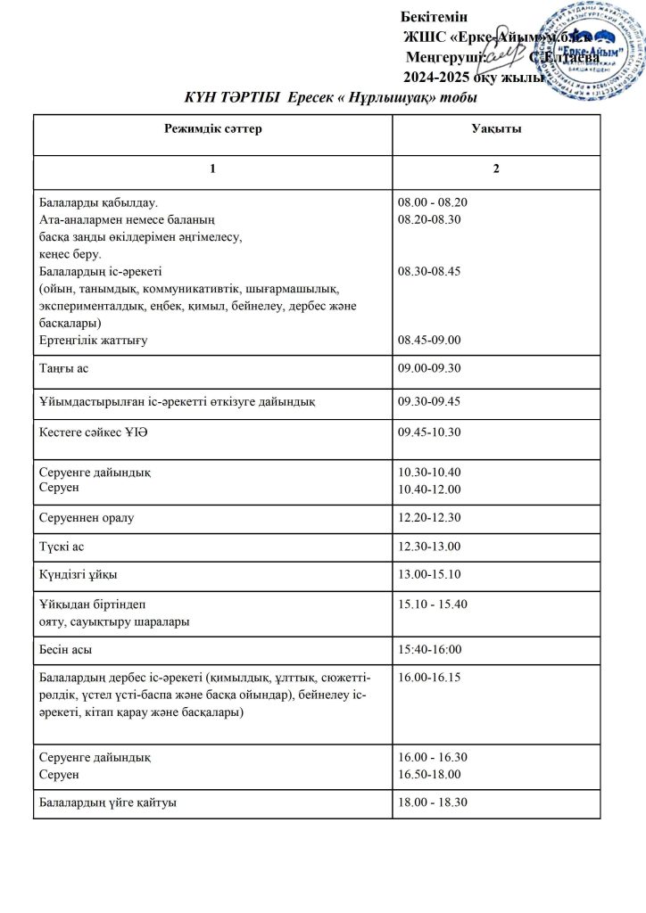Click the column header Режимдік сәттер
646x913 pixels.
point(213,130)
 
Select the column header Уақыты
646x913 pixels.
point(496,130)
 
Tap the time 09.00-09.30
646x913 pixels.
point(429,367)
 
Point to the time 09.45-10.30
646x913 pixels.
point(429,433)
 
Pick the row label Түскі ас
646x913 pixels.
point(62,545)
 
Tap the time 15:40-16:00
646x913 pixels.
point(429,649)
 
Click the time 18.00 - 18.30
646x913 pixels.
point(433,802)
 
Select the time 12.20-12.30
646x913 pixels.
point(429,516)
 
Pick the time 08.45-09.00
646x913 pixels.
point(429,340)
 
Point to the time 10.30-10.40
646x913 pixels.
point(429,472)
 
